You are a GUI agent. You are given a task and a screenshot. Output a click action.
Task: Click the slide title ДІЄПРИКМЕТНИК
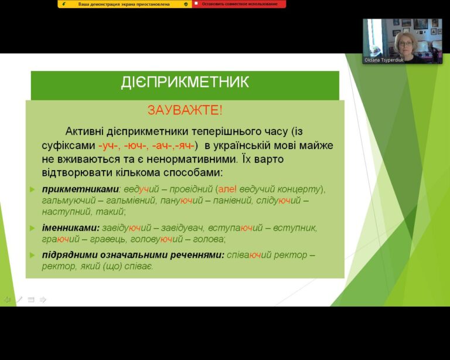[185, 82]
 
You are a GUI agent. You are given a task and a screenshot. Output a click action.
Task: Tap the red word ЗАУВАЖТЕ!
[185, 110]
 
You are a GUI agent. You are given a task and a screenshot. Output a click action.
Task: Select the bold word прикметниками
[81, 189]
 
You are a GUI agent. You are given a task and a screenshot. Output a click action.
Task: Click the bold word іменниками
[70, 228]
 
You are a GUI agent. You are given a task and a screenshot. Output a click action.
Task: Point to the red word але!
[227, 189]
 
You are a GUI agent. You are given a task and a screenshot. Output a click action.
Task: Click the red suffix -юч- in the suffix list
[136, 145]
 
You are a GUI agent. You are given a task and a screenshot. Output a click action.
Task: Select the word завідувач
[182, 228]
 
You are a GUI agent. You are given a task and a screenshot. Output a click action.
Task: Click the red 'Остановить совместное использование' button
[239, 4]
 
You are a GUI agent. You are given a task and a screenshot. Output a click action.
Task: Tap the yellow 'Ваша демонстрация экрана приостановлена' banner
[125, 4]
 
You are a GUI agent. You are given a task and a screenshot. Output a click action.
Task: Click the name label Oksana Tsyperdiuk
[384, 60]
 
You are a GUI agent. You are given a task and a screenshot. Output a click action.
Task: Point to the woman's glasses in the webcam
[405, 44]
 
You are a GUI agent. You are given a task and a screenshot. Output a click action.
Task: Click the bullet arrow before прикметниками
[32, 189]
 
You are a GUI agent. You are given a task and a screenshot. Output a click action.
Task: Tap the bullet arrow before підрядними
[32, 255]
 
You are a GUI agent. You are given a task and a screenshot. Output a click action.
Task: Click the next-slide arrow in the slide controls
[43, 300]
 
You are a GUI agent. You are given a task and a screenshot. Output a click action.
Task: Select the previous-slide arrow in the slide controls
[7, 300]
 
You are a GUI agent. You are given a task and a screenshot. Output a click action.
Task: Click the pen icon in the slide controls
[19, 300]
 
